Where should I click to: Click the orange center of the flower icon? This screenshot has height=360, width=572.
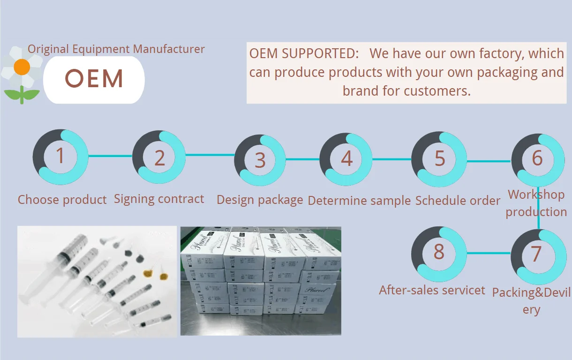coord(22,67)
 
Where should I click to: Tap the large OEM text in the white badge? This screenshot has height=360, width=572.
coord(94,79)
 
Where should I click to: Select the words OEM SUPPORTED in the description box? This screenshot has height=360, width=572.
coord(304,53)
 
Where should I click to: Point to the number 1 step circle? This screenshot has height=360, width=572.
coord(60,156)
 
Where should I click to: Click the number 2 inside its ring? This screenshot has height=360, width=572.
coord(160,158)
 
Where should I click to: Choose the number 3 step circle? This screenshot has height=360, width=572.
coord(260,160)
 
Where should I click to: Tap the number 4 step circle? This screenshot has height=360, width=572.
coord(346,158)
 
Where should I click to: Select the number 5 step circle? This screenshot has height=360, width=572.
coord(439,158)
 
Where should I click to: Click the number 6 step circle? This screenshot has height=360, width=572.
coord(537,158)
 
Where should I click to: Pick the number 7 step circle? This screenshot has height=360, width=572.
coord(536,254)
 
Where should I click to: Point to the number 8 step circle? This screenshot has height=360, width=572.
coord(439,252)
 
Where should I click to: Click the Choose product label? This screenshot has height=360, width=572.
coord(62,200)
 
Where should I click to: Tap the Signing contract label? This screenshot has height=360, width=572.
coord(159,199)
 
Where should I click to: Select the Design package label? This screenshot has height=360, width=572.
coord(260,200)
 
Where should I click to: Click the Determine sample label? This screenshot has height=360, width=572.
coord(359,201)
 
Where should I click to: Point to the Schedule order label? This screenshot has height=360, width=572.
coord(458,201)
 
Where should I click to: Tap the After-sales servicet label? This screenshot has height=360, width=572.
coord(432,290)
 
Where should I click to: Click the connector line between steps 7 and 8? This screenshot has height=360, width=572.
coord(488,253)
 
